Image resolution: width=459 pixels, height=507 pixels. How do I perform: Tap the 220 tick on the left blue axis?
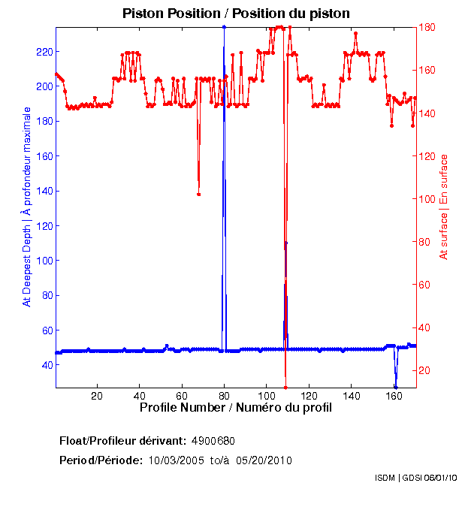(x=43, y=52)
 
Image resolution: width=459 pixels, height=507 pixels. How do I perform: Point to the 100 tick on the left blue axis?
(x=43, y=261)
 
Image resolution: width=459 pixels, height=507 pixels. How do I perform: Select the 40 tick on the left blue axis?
(x=45, y=365)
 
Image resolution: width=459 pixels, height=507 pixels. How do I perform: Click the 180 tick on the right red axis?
(x=427, y=27)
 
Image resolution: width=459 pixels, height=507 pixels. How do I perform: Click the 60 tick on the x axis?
(x=181, y=395)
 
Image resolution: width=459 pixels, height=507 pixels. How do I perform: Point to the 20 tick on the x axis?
(x=97, y=395)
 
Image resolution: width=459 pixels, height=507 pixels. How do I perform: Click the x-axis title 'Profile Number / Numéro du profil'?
(x=235, y=408)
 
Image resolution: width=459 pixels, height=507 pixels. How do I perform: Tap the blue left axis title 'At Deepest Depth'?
(x=28, y=207)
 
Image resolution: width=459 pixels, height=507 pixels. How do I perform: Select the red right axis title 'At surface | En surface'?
(x=444, y=207)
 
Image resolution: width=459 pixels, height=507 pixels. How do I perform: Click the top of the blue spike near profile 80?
(x=224, y=27)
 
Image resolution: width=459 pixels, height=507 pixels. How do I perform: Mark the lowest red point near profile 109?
(x=286, y=387)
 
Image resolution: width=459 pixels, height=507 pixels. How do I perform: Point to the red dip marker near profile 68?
(x=198, y=194)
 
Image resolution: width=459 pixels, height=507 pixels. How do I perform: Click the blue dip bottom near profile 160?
(x=395, y=387)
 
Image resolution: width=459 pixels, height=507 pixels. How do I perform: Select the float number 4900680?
(x=219, y=440)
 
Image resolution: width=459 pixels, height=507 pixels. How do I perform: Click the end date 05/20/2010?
(x=264, y=460)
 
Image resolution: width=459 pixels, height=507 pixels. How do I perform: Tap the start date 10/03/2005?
(x=174, y=460)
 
